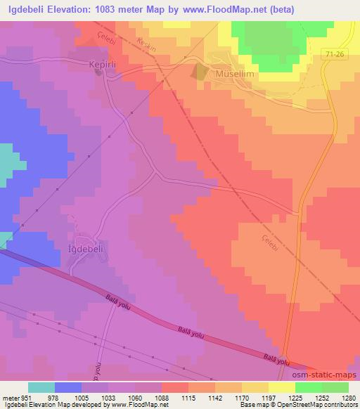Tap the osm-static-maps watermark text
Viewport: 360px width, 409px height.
[x=328, y=375]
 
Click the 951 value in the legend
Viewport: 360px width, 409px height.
[x=26, y=398]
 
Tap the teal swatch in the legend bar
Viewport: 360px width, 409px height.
[x=41, y=387]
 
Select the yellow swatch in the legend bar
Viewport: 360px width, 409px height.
[x=281, y=387]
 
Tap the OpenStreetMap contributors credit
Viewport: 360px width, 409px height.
[x=322, y=405]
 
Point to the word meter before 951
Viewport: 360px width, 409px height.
[x=9, y=398]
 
